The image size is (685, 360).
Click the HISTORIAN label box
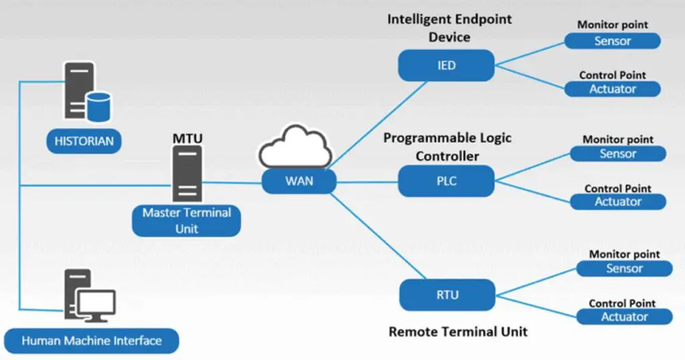click(84, 141)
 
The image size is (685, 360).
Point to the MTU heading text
click(187, 139)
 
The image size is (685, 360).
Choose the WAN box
click(299, 181)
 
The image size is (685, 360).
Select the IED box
click(446, 66)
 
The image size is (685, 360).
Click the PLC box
click(446, 181)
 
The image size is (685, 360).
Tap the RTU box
click(446, 294)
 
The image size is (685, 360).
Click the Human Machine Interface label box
click(92, 341)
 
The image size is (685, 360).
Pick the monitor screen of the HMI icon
click(96, 305)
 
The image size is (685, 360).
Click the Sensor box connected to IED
click(612, 41)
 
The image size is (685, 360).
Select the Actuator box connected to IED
click(612, 89)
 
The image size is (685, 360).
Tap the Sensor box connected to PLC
click(617, 154)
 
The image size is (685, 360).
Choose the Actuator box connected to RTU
click(623, 317)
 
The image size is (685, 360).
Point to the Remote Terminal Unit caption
click(458, 331)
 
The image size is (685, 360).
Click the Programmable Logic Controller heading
click(447, 147)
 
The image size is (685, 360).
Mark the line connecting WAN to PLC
click(368, 181)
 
